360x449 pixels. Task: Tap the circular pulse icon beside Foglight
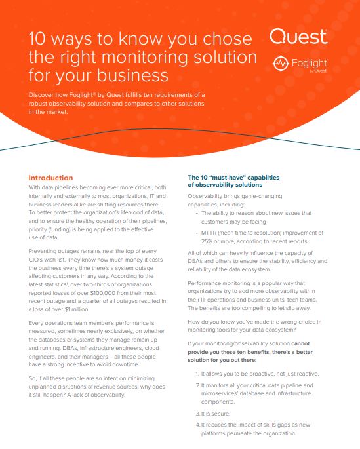pos(280,64)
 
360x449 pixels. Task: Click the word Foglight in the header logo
pos(308,63)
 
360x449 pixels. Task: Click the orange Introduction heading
pos(50,178)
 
